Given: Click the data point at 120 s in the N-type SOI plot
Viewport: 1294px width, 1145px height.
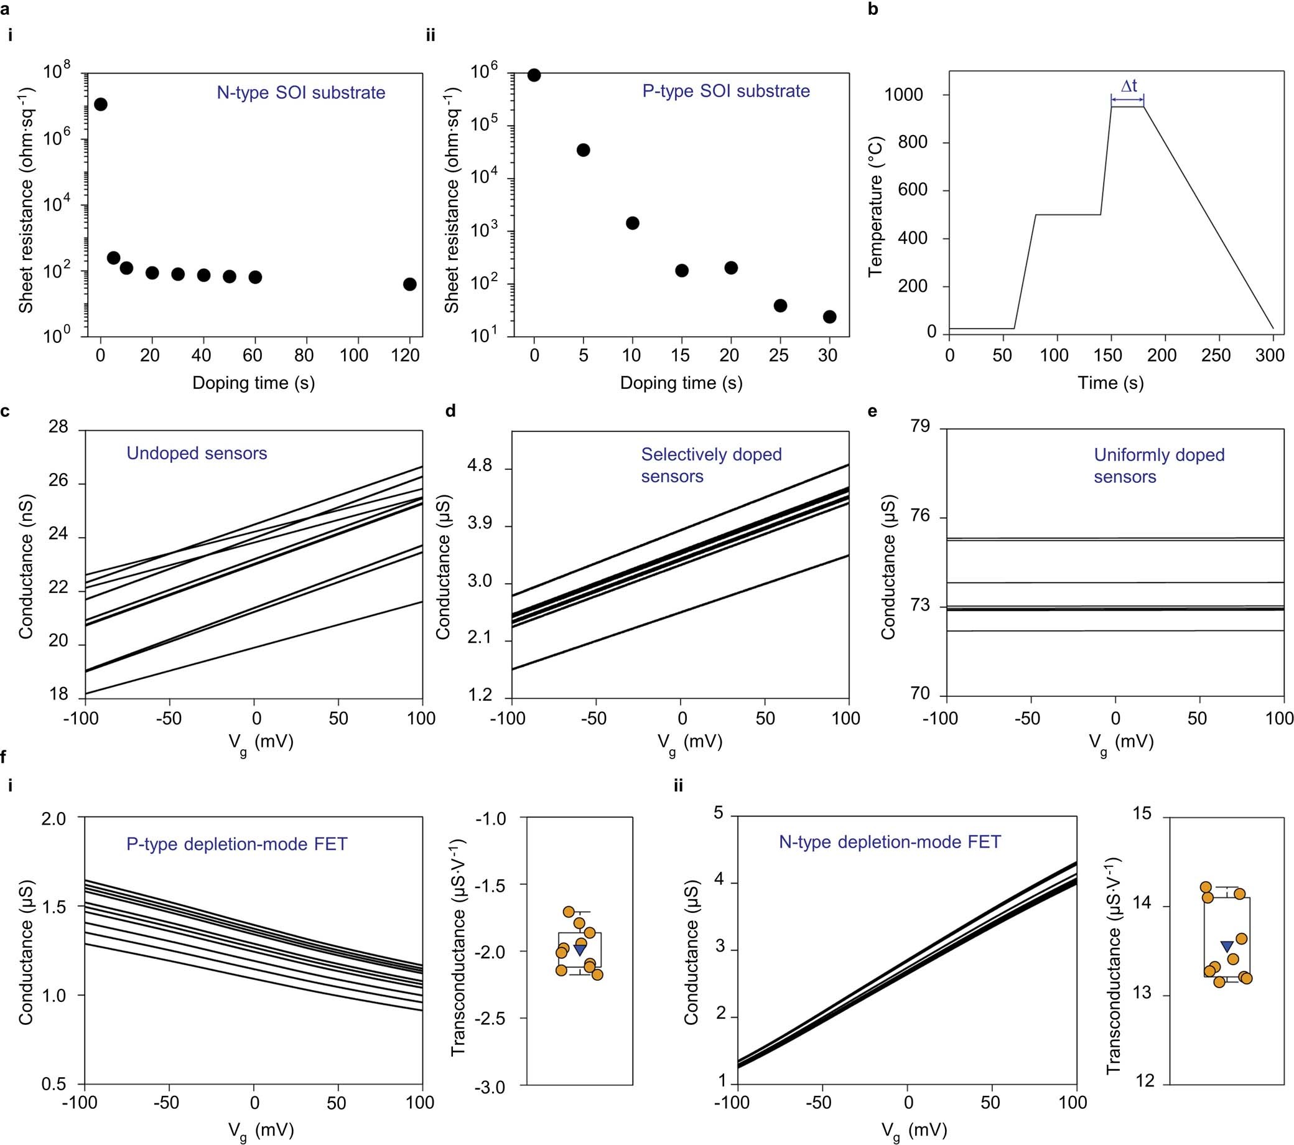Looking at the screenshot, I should pyautogui.click(x=409, y=284).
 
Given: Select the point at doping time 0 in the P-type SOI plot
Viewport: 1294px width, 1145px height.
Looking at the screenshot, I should pyautogui.click(x=534, y=75).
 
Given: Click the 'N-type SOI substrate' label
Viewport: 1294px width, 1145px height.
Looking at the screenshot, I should pyautogui.click(x=300, y=93).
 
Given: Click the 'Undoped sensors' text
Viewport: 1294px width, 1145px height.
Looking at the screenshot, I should pyautogui.click(x=197, y=454).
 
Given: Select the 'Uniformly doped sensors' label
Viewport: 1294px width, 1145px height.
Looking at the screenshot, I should pyautogui.click(x=1158, y=465).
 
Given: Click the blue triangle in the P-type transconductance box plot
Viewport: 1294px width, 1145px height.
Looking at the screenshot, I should pyautogui.click(x=579, y=950).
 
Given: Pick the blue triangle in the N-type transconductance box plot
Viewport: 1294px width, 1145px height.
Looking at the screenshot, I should pyautogui.click(x=1227, y=946).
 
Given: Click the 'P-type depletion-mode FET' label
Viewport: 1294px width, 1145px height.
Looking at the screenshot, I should pyautogui.click(x=237, y=844).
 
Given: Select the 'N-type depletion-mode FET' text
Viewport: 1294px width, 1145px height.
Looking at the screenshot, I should pyautogui.click(x=890, y=842).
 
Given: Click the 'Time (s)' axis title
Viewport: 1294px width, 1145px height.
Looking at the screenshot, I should pyautogui.click(x=1111, y=383).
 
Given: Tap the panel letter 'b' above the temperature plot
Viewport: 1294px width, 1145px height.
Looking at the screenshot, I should pyautogui.click(x=873, y=10).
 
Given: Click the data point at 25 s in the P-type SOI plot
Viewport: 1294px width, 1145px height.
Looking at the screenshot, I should pyautogui.click(x=780, y=306).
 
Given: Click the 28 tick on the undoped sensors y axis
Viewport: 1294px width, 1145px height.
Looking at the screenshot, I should pyautogui.click(x=58, y=428).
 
